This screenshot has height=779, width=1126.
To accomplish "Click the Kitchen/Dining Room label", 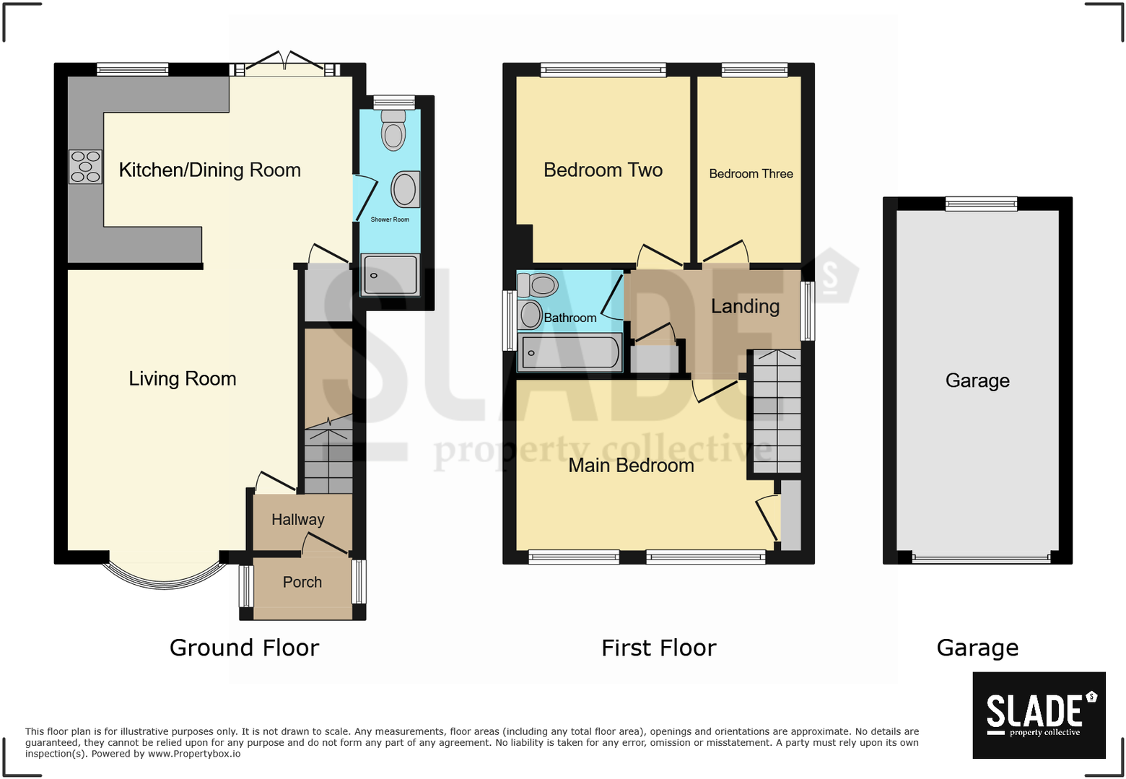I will pos(209,170).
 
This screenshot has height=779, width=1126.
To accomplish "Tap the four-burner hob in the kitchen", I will pos(85,167).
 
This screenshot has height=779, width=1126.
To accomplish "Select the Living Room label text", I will pos(182,379).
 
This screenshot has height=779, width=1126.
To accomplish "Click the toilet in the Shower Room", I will pos(393,131).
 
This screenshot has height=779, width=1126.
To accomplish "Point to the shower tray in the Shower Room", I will pos(390,275).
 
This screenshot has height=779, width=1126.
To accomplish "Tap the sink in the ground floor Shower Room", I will pos(405,189).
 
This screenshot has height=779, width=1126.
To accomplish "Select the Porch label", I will pos(302,582).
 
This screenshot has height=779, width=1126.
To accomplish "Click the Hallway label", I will pos(297,520).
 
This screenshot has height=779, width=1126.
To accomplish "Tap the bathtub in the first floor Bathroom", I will pos(569,353).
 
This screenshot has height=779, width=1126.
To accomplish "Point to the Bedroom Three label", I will pos(751,174).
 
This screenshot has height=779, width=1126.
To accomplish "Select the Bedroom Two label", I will pos(603,170).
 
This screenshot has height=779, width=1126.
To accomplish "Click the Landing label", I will pos(745,307).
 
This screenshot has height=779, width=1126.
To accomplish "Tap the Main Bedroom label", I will pos(631,466).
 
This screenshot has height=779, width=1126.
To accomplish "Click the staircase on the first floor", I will pos(777,412).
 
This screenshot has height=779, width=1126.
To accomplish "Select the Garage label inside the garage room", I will pos(977,380).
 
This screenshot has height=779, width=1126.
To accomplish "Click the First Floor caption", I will pos(658,648).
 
